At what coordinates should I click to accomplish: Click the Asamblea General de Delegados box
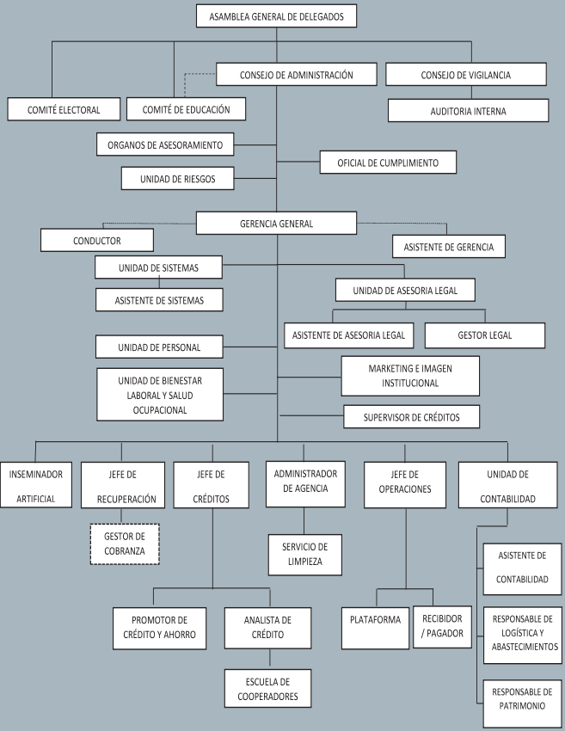[x=276, y=15]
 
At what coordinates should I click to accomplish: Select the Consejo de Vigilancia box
[x=466, y=75]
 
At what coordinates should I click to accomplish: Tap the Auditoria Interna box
[x=468, y=111]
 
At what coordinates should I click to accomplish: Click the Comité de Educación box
[x=186, y=109]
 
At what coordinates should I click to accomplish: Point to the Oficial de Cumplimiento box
[x=388, y=162]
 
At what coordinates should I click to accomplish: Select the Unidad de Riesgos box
[x=178, y=179]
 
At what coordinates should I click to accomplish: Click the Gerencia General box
[x=276, y=223]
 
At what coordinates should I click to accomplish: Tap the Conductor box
[x=97, y=240]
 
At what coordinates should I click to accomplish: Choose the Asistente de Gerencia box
[x=449, y=247]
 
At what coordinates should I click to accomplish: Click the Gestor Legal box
[x=485, y=335]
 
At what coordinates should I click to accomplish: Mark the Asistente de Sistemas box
[x=158, y=300]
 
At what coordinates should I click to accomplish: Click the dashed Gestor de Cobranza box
[x=125, y=544]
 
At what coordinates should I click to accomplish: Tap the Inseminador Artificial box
[x=35, y=486]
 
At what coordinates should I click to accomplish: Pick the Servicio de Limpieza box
[x=304, y=555]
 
